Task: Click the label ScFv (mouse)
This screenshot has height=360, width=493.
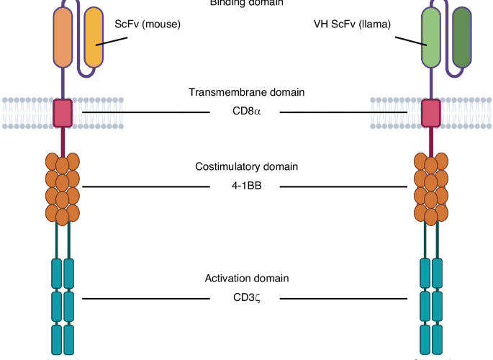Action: tap(148, 24)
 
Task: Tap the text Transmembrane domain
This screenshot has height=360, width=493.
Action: tap(246, 92)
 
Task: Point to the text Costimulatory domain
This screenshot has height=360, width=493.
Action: tap(246, 167)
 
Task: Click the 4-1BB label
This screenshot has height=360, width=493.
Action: tap(246, 186)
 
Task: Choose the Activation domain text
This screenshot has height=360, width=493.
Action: tap(246, 279)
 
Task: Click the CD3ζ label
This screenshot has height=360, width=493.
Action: tap(246, 298)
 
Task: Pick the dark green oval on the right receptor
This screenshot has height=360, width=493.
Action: tap(460, 39)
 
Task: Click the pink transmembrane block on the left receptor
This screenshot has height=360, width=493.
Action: tap(63, 112)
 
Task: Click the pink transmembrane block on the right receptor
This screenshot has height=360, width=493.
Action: tap(430, 112)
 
